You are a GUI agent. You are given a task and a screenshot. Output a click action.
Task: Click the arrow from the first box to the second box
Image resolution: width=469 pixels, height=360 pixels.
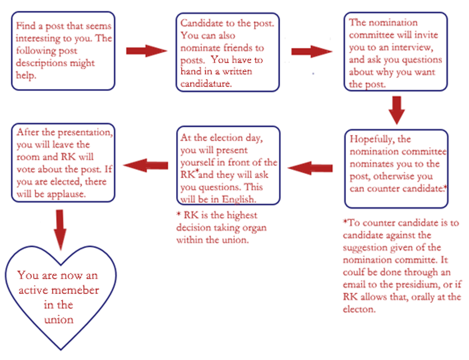[x=146, y=51]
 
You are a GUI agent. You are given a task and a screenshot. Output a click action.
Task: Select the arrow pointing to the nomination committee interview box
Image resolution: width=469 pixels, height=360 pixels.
[x=312, y=51]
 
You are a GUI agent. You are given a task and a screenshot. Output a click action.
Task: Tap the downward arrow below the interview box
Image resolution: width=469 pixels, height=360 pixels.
[x=396, y=110]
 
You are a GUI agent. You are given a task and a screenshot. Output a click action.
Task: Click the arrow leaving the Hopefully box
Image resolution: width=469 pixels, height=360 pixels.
[x=310, y=168]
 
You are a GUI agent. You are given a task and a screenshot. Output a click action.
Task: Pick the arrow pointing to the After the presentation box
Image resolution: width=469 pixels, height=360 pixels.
[x=146, y=165]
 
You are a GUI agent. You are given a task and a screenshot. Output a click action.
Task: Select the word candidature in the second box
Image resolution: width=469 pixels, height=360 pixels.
[x=206, y=83]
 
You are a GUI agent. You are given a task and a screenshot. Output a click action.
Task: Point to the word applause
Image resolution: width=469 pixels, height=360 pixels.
[x=66, y=195]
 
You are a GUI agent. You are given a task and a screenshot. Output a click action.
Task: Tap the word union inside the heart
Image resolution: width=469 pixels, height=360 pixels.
[x=59, y=320]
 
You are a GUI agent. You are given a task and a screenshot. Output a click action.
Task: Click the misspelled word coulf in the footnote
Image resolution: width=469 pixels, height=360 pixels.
[x=353, y=272]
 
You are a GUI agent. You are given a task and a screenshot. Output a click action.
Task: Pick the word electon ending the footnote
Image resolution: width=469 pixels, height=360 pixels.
[x=359, y=309]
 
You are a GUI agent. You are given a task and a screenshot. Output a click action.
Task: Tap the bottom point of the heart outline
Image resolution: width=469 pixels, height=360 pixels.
[x=61, y=349]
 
